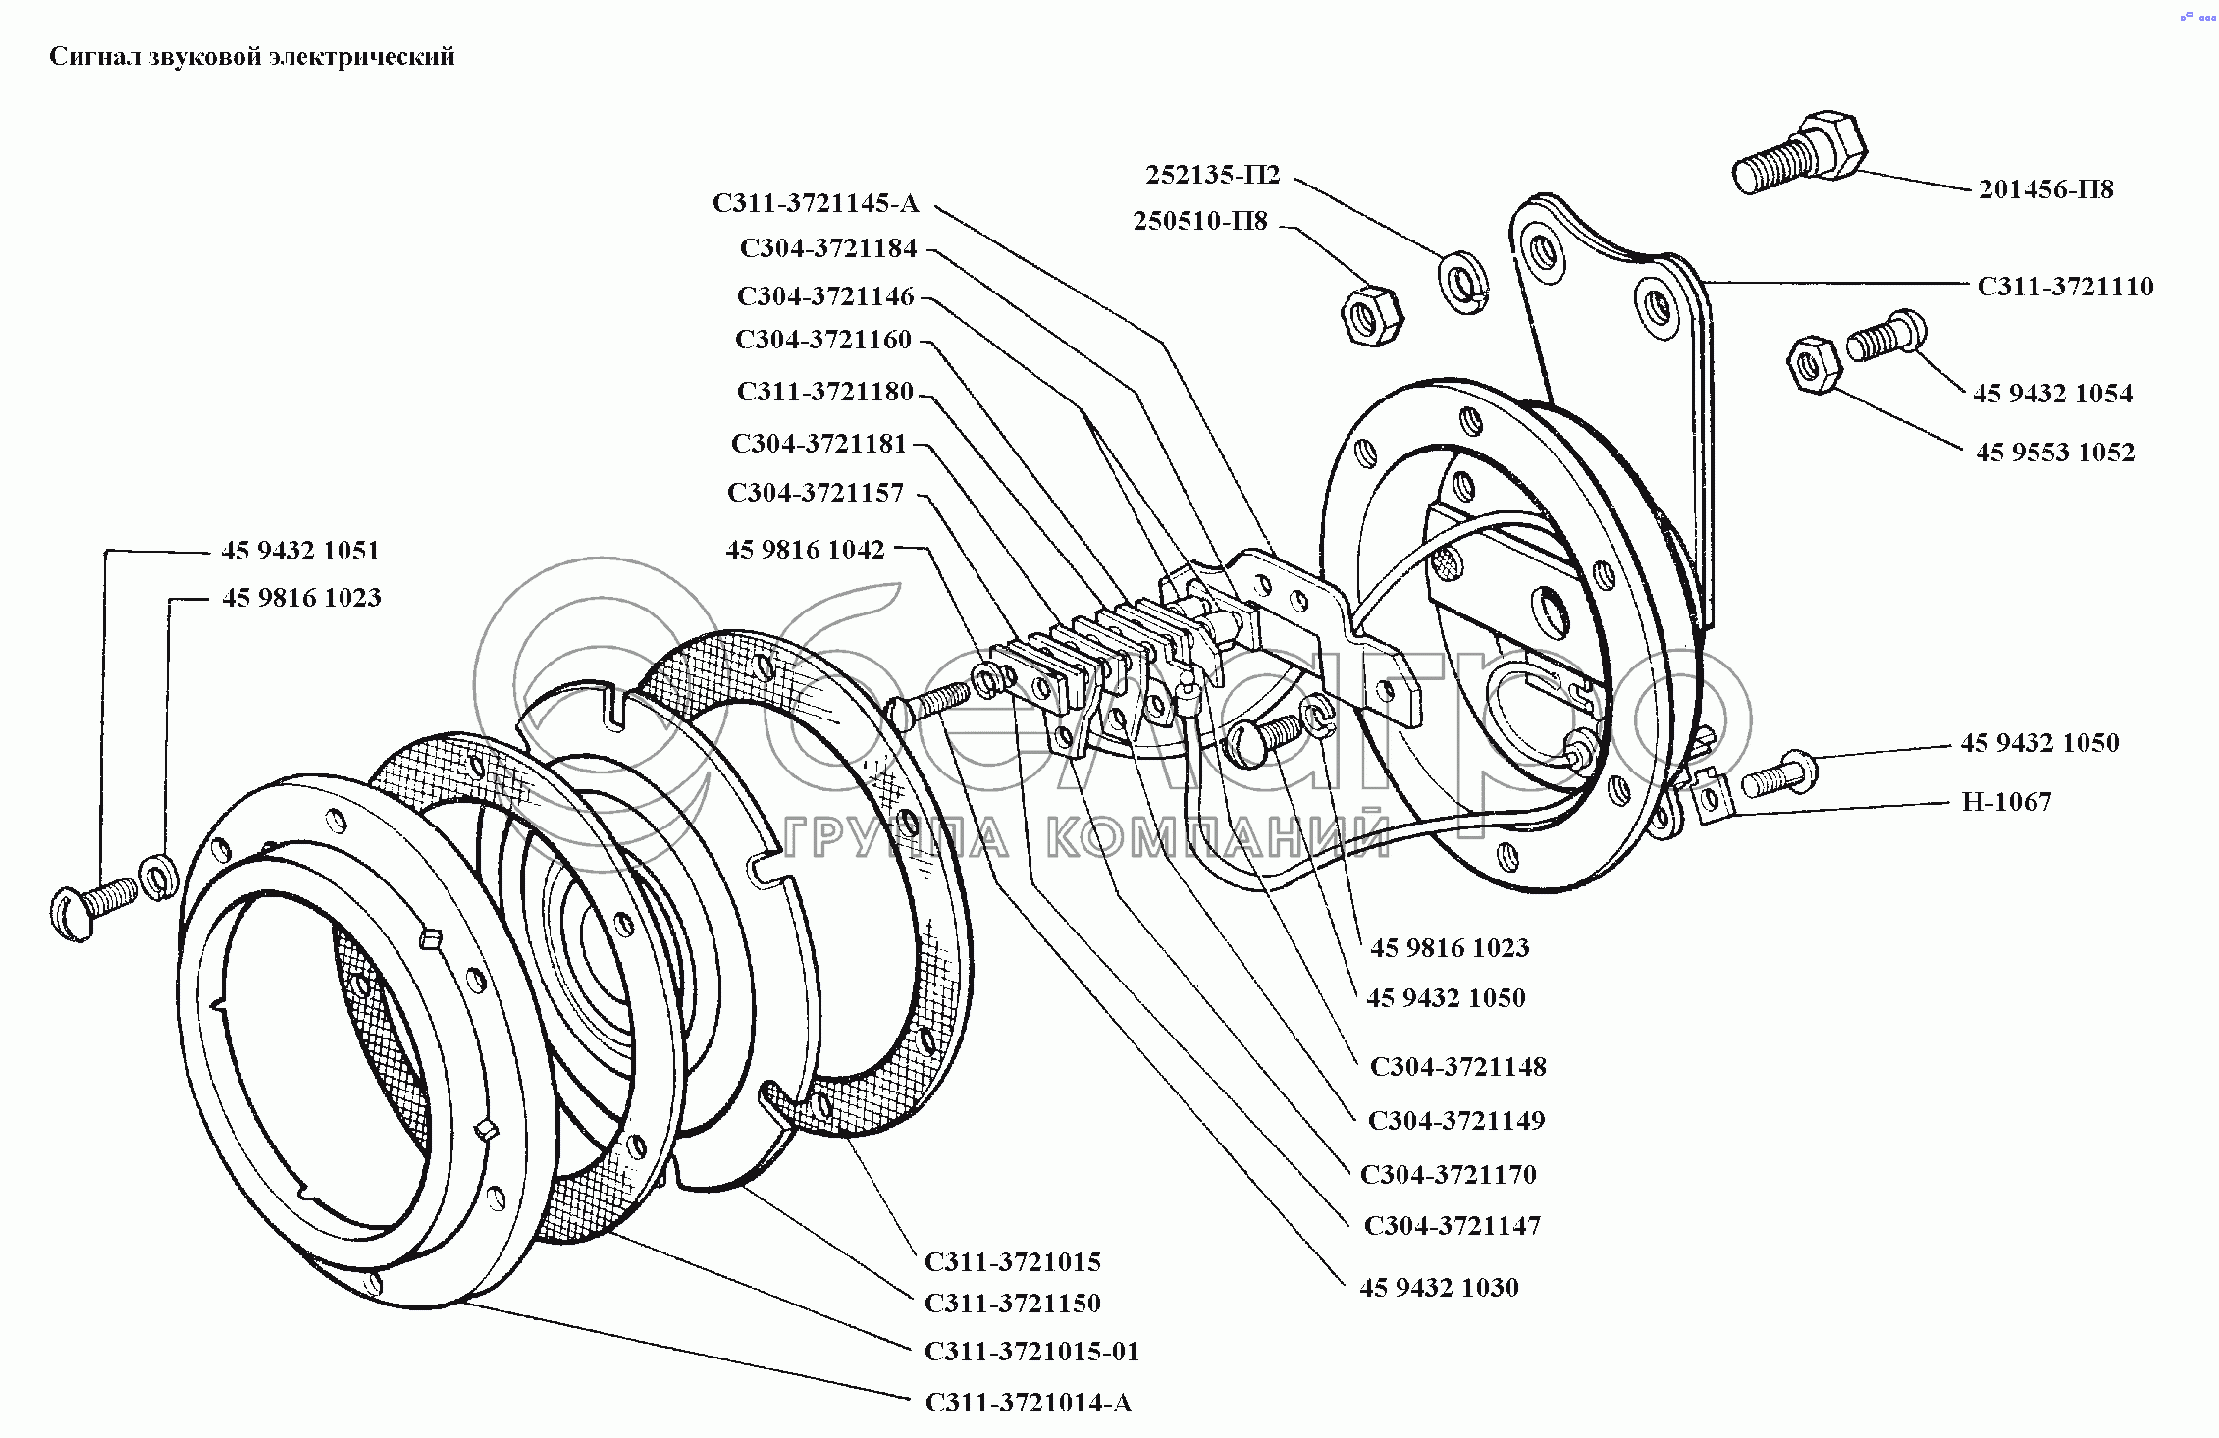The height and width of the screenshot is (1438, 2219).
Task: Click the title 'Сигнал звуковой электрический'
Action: click(252, 57)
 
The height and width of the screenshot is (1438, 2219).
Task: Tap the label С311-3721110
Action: click(2065, 287)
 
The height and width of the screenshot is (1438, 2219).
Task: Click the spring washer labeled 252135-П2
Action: click(1464, 283)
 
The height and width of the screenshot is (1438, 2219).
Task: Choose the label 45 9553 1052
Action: click(2055, 453)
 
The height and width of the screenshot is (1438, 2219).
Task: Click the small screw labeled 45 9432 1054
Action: click(1885, 337)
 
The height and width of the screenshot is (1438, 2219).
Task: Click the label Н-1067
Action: click(2007, 802)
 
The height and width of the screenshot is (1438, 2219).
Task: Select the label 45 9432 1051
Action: click(300, 551)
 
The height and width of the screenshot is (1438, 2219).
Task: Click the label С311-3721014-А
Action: click(1029, 1403)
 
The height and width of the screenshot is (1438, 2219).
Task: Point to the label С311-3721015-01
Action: click(1032, 1352)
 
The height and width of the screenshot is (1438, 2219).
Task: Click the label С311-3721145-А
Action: click(816, 203)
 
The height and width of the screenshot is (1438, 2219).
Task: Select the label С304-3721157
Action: click(816, 492)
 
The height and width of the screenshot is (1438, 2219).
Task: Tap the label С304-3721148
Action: click(1458, 1067)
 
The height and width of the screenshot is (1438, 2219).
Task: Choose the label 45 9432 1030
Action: click(1439, 1287)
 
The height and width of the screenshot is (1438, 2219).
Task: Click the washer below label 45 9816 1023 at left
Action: click(158, 877)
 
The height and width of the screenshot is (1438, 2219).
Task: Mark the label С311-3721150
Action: click(1013, 1304)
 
